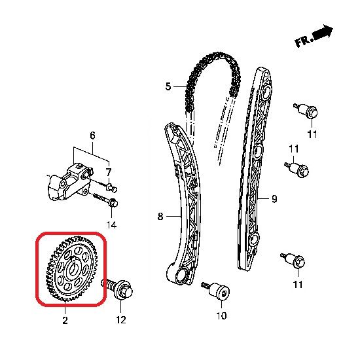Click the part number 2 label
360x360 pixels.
[x=65, y=320]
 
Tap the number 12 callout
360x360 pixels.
[x=121, y=320]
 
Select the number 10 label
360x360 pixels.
[x=221, y=315]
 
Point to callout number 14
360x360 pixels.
[x=111, y=225]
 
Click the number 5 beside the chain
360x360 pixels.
[x=168, y=86]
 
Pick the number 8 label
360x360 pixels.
[x=92, y=135]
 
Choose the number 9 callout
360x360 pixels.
[x=109, y=172]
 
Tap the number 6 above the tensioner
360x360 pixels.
[x=160, y=216]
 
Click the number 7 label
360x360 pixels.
[x=274, y=199]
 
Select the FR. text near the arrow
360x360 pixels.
[x=304, y=41]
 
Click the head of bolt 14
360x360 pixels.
[x=114, y=203]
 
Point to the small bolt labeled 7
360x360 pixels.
[x=112, y=188]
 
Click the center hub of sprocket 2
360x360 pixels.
[x=73, y=268]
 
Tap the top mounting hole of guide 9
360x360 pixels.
[x=266, y=92]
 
